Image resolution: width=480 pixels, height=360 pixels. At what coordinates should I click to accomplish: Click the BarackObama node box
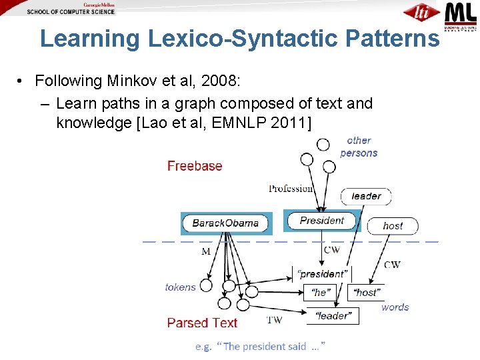(225, 223)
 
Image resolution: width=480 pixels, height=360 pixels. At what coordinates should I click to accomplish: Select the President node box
(322, 221)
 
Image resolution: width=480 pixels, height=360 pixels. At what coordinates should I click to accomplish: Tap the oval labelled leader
(366, 196)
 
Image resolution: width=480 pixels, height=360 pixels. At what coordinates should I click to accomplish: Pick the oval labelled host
(393, 226)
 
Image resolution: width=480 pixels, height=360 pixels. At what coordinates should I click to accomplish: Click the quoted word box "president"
(322, 273)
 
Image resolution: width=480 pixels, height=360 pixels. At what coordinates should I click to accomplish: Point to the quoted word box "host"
(366, 293)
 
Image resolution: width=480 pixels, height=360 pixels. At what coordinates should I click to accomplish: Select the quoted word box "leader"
(332, 315)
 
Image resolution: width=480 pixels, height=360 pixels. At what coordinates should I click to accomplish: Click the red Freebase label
(195, 166)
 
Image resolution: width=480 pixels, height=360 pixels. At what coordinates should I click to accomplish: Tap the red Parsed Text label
(202, 323)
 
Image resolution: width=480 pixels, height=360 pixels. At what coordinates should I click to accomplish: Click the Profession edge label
(291, 189)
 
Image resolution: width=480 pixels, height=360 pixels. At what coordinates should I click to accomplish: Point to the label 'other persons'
(359, 147)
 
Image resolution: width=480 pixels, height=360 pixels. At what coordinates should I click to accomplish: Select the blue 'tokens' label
(180, 287)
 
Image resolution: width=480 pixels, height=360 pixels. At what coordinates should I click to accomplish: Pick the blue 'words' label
(395, 307)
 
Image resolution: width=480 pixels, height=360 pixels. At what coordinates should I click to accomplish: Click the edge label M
(206, 252)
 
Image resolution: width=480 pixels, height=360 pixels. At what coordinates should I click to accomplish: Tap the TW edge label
(274, 320)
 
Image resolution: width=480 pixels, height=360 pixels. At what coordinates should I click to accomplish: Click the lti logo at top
(421, 13)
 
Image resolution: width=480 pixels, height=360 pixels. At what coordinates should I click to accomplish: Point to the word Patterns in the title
(393, 39)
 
